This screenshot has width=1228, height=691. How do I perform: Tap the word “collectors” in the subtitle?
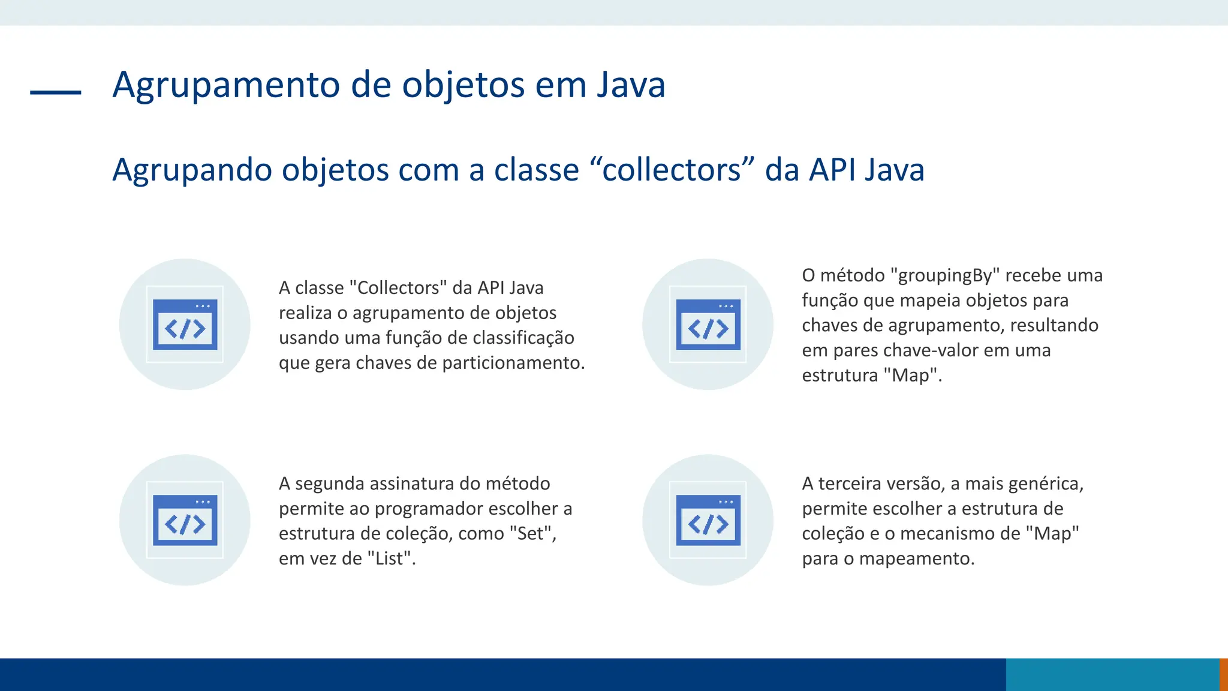[x=672, y=170]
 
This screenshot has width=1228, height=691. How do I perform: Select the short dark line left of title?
[x=56, y=92]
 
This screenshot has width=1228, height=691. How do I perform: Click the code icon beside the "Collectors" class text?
[x=185, y=325]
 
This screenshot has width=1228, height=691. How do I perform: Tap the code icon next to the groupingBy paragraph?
[x=708, y=325]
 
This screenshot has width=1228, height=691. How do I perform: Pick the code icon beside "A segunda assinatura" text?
[x=185, y=520]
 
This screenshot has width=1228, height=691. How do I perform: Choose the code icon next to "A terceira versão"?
[x=708, y=520]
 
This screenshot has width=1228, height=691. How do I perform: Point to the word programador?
[x=420, y=509]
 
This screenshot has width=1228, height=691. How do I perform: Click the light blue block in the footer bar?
[x=1112, y=674]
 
